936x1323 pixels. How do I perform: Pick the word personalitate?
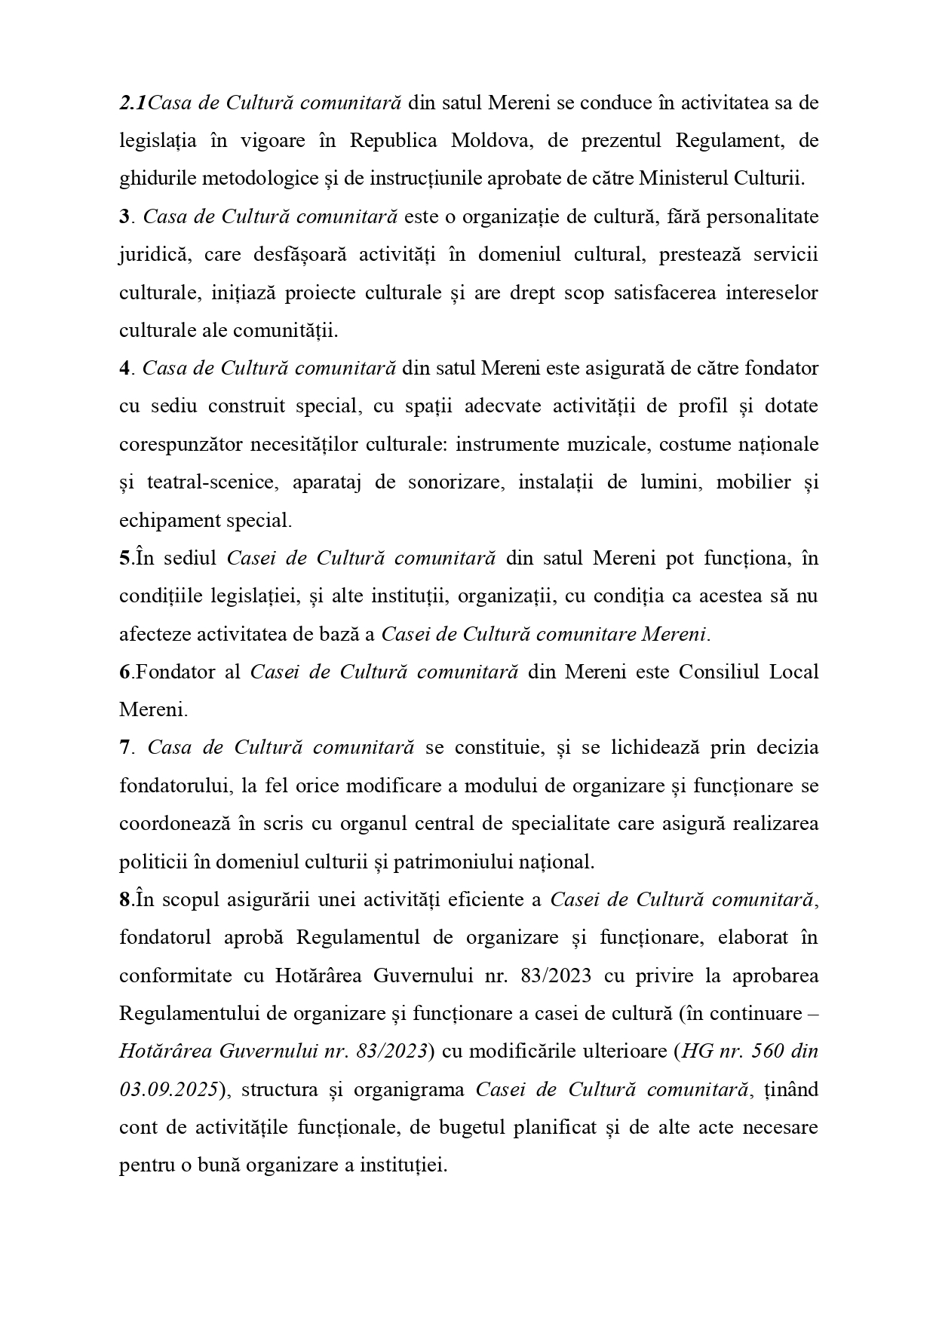click(x=758, y=217)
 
